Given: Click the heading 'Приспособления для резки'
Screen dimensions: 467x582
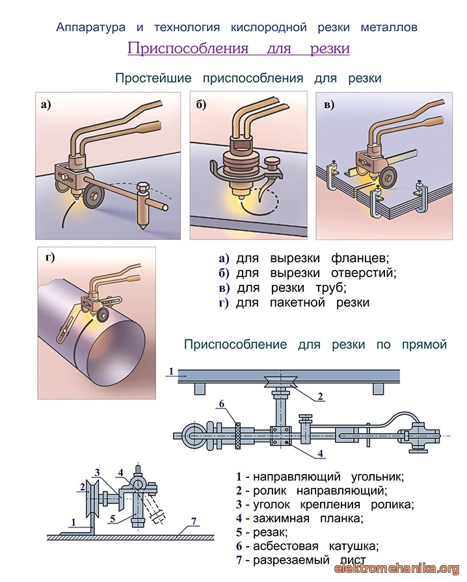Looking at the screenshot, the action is [239, 48].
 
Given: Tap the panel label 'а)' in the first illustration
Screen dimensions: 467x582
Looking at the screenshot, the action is [46, 105].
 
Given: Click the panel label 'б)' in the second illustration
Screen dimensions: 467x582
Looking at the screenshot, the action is [201, 105].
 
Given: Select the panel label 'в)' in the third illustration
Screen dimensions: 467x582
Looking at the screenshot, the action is [329, 105].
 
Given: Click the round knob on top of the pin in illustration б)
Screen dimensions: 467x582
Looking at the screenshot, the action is [271, 162].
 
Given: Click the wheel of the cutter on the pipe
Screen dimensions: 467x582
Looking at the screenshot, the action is [101, 316].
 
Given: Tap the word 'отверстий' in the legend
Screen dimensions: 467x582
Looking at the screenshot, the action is [364, 273].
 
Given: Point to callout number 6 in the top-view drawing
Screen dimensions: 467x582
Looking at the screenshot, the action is [222, 404].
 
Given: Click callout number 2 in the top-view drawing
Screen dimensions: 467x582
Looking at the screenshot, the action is [320, 397].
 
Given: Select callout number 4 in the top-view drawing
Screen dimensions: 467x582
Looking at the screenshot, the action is [321, 453].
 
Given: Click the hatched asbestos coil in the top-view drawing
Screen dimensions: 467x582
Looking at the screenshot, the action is [237, 435].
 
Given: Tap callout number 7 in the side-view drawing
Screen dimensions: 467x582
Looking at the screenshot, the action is [193, 521].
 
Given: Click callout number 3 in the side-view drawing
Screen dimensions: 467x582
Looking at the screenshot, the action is [98, 473].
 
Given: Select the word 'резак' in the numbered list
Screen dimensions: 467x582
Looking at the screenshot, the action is [270, 533].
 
